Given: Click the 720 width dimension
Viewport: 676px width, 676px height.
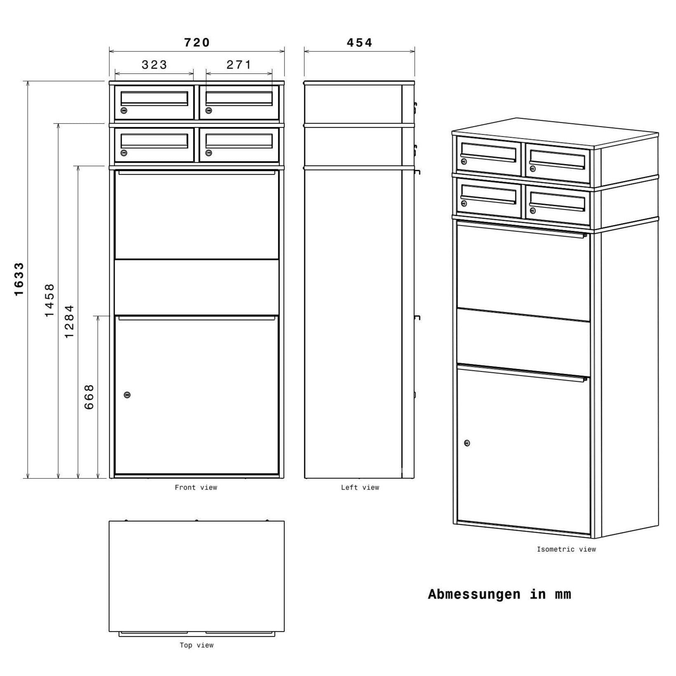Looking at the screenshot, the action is pyautogui.click(x=197, y=42).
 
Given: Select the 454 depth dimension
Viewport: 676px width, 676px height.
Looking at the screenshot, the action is pyautogui.click(x=359, y=42).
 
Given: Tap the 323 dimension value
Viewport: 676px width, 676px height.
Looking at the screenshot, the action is pyautogui.click(x=155, y=65).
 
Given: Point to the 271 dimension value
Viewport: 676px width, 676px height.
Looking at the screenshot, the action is pyautogui.click(x=239, y=65).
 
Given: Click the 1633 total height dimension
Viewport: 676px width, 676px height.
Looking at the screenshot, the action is pyautogui.click(x=19, y=279).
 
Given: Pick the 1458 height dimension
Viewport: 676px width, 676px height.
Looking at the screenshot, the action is pyautogui.click(x=49, y=300).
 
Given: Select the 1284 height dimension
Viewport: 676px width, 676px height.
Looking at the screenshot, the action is pyautogui.click(x=69, y=322).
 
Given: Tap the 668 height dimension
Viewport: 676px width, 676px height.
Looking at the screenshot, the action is pyautogui.click(x=89, y=397).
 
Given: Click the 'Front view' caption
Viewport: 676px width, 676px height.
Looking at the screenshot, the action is pyautogui.click(x=196, y=488).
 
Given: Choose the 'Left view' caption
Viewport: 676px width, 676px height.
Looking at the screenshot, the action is pyautogui.click(x=360, y=488).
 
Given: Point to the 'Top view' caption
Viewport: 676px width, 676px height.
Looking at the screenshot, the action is pyautogui.click(x=197, y=645).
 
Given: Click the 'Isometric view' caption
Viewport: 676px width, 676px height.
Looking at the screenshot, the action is pyautogui.click(x=566, y=549).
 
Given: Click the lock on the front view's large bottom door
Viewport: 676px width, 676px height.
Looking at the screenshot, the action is pyautogui.click(x=127, y=395).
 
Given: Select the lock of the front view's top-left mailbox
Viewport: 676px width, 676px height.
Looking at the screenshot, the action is pyautogui.click(x=124, y=110).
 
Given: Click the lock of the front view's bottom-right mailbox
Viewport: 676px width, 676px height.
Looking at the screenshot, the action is pyautogui.click(x=209, y=153).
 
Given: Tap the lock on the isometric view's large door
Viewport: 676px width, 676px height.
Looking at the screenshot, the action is pyautogui.click(x=467, y=443).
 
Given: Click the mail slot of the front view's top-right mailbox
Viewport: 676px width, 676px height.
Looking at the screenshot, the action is pyautogui.click(x=239, y=98).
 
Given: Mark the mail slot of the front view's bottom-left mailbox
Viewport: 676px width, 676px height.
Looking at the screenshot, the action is pyautogui.click(x=154, y=141).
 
